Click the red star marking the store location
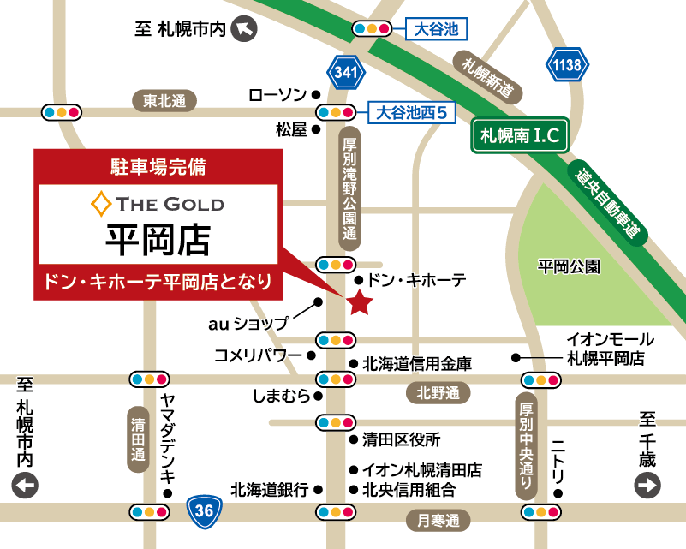359,301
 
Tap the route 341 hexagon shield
345,74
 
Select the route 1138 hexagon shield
568,63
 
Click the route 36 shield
204,511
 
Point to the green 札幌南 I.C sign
520,135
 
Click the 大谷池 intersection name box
436,30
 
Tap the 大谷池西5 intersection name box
412,112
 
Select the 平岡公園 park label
570,266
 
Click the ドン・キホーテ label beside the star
417,279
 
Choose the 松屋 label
291,129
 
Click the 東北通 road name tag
164,101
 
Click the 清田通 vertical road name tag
138,439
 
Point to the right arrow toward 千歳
647,486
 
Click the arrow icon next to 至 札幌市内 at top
246,30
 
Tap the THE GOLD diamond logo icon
100,204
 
